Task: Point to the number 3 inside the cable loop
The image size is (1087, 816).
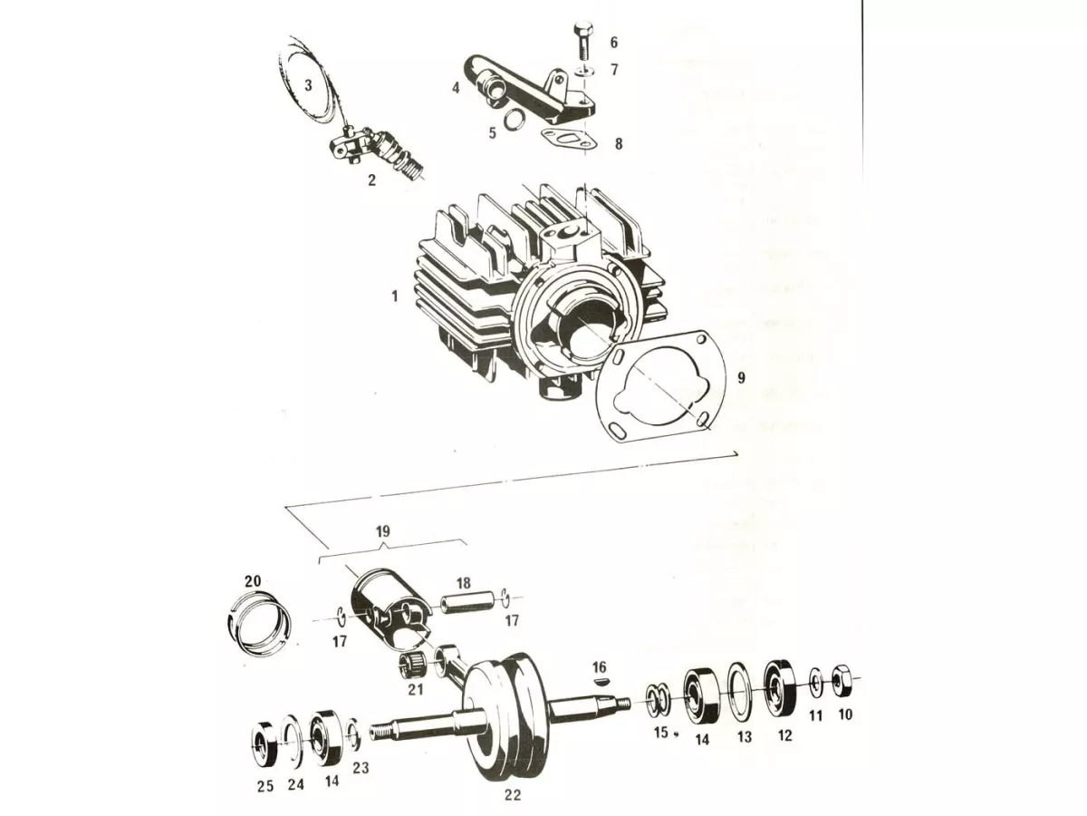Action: click(x=308, y=85)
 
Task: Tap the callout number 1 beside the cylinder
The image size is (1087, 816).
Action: click(x=395, y=296)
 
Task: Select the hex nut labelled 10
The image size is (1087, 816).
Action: click(x=842, y=682)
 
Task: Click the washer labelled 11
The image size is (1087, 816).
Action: click(x=817, y=684)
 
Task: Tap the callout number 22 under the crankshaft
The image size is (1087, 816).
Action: click(x=513, y=794)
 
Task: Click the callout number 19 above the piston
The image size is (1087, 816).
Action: click(x=383, y=531)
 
